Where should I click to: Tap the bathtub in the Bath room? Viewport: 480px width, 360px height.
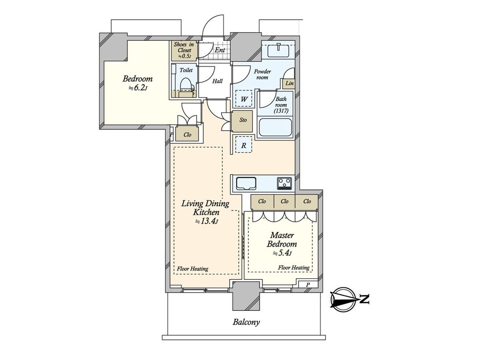pos(275,127)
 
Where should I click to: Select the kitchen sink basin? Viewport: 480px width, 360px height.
pos(246,183)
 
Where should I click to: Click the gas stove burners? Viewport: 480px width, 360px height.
pos(285,183)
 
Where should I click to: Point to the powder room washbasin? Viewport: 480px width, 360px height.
pos(278,50)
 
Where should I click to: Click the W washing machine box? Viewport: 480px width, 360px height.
pos(244,98)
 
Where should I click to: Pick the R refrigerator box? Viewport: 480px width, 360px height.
pos(243,145)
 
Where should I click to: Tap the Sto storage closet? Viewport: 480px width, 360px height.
pos(243,120)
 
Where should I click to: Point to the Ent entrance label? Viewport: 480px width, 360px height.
pos(219,50)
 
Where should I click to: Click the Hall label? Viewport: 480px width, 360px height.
pos(217,81)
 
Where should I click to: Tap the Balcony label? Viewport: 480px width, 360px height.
pos(246,322)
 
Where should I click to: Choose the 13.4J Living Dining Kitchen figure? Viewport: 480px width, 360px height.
pos(207,221)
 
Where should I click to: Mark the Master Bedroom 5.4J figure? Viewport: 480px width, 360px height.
pos(282,253)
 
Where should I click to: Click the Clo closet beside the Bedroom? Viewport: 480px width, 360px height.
pos(187,135)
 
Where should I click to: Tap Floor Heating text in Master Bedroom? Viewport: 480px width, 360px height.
pos(293,268)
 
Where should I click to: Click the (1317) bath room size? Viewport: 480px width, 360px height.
pos(281,111)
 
